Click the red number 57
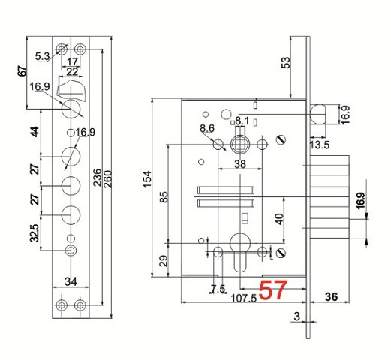(272, 289)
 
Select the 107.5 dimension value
(243, 298)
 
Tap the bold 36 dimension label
(331, 296)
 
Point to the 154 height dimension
(147, 178)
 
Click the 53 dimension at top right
(286, 62)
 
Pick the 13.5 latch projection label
(320, 145)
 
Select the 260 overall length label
(108, 179)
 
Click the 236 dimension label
(98, 178)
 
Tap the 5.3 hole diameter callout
(42, 56)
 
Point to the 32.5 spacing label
(35, 233)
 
